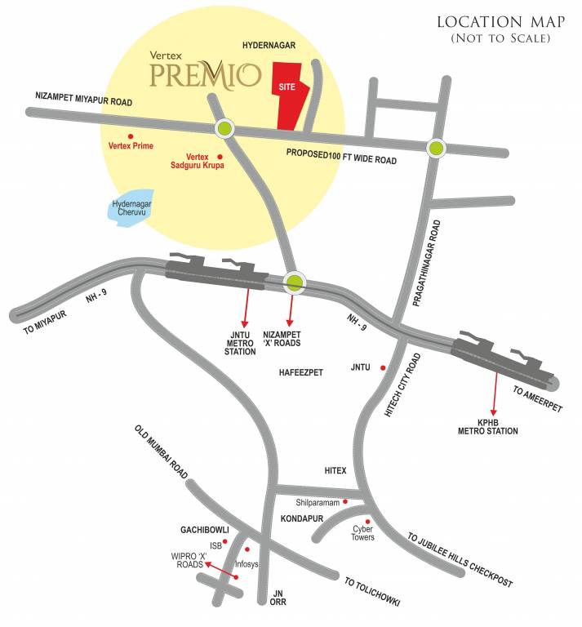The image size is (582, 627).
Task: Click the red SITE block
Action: pos(289,96)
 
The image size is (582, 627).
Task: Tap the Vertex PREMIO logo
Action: pos(205,73)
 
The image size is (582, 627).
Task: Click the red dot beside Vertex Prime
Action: pos(130,136)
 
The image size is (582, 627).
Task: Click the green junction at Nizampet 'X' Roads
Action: pos(294,283)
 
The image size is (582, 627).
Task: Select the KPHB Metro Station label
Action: pos(493,426)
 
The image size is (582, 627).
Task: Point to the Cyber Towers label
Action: pos(363,534)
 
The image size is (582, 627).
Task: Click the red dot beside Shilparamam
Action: pos(345,501)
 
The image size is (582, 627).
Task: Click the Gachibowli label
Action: pos(203,530)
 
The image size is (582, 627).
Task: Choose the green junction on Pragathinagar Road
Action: pos(438,148)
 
